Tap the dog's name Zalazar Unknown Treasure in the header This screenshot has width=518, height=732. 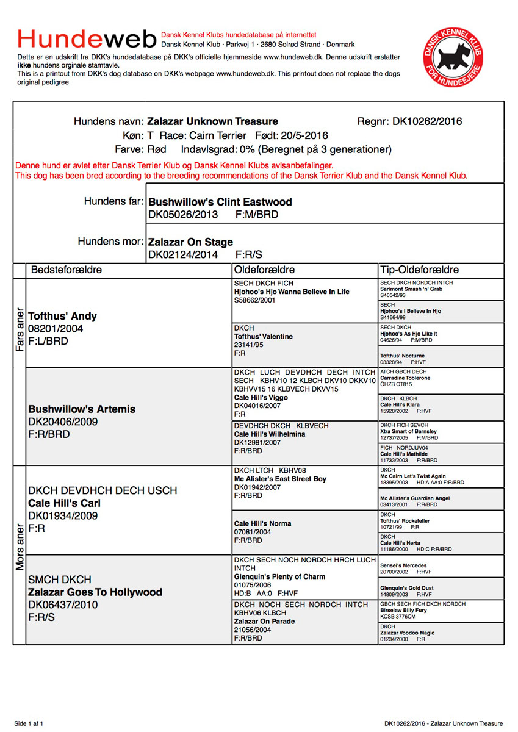coord(212,121)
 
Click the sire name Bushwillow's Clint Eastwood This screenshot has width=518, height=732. coord(220,202)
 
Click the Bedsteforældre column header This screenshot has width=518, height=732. coord(67,270)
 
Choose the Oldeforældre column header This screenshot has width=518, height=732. coord(265,270)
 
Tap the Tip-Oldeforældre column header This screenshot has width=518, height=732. coord(420,270)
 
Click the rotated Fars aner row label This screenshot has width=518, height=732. coord(20,329)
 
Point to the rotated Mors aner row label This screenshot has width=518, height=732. coord(20,547)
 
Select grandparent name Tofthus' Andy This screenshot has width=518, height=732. coord(63,317)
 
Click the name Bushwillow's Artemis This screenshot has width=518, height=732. coord(82,409)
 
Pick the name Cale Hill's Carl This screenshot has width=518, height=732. coord(65,503)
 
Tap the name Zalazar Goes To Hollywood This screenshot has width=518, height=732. coord(95,592)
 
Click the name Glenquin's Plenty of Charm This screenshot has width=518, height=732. coord(280,576)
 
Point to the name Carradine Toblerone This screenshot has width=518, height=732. coord(405,378)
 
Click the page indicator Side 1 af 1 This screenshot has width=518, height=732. coord(29,723)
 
